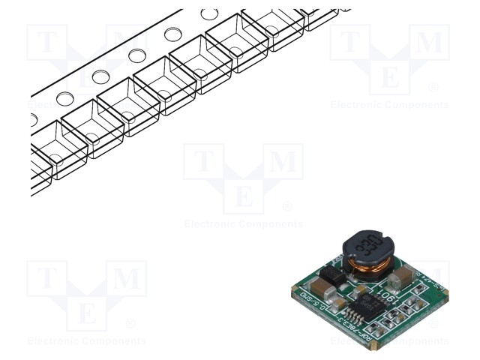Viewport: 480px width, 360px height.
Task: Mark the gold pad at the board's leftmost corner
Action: click(x=294, y=289)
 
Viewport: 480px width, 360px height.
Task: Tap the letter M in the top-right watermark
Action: click(x=430, y=43)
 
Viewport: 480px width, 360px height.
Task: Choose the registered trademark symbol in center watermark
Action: click(x=286, y=206)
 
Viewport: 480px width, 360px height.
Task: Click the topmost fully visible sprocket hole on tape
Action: click(x=209, y=14)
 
